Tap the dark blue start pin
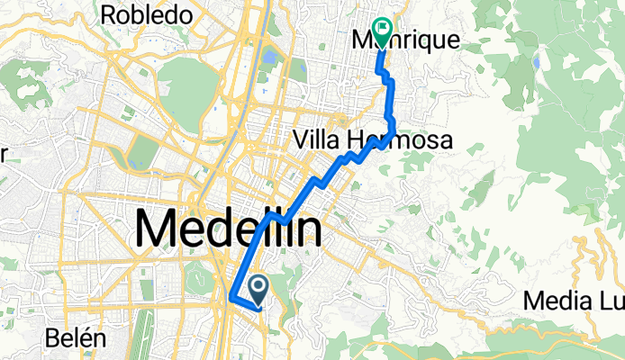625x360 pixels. (x=258, y=288)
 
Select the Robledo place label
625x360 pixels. (x=148, y=15)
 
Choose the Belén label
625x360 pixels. (x=77, y=338)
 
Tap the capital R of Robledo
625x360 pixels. (x=113, y=15)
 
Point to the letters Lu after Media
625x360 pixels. (x=607, y=300)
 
